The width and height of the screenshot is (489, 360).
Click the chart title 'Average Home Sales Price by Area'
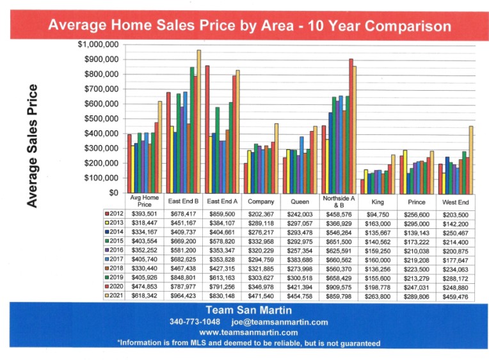pyautogui.click(x=171, y=25)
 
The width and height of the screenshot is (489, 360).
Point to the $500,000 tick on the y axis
pyautogui.click(x=101, y=119)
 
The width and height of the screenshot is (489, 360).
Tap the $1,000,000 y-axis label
pyautogui.click(x=98, y=45)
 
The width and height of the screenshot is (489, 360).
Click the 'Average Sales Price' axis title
pyautogui.click(x=32, y=146)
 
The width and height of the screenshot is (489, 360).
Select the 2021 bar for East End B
pyautogui.click(x=198, y=121)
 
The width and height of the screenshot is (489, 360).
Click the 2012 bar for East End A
pyautogui.click(x=207, y=129)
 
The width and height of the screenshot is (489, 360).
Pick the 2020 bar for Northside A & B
pyautogui.click(x=351, y=126)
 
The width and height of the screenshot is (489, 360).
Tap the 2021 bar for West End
pyautogui.click(x=471, y=160)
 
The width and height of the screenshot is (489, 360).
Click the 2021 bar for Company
pyautogui.click(x=277, y=159)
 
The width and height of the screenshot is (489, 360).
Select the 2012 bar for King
pyautogui.click(x=362, y=186)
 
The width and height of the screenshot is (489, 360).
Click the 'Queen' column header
pyautogui.click(x=300, y=201)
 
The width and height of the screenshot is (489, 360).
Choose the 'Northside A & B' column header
pyautogui.click(x=339, y=201)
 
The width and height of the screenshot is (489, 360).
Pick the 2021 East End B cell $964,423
pyautogui.click(x=183, y=296)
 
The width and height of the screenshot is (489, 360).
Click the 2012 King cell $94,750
pyautogui.click(x=378, y=215)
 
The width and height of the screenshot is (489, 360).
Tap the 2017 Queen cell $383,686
pyautogui.click(x=300, y=260)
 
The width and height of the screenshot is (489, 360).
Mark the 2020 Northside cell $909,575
pyautogui.click(x=339, y=287)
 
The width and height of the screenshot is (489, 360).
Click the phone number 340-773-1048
pyautogui.click(x=195, y=322)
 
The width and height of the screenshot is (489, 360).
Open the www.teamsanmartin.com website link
pyautogui.click(x=248, y=333)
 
